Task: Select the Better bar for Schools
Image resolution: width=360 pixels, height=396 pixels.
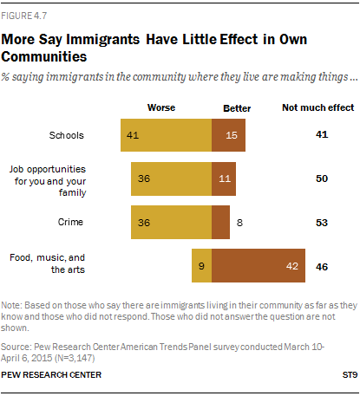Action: [x=228, y=135]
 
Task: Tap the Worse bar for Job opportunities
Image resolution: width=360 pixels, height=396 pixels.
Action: [x=171, y=179]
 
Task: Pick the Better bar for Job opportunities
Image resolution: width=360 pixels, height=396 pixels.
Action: [x=223, y=179]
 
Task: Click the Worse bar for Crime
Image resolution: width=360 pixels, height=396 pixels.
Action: [x=171, y=222]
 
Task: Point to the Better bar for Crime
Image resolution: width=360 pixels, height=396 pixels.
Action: [x=220, y=222]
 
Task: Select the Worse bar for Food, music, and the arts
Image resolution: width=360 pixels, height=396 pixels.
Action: [x=201, y=266]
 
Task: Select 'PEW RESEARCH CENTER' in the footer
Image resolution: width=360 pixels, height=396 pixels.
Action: [x=51, y=374]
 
